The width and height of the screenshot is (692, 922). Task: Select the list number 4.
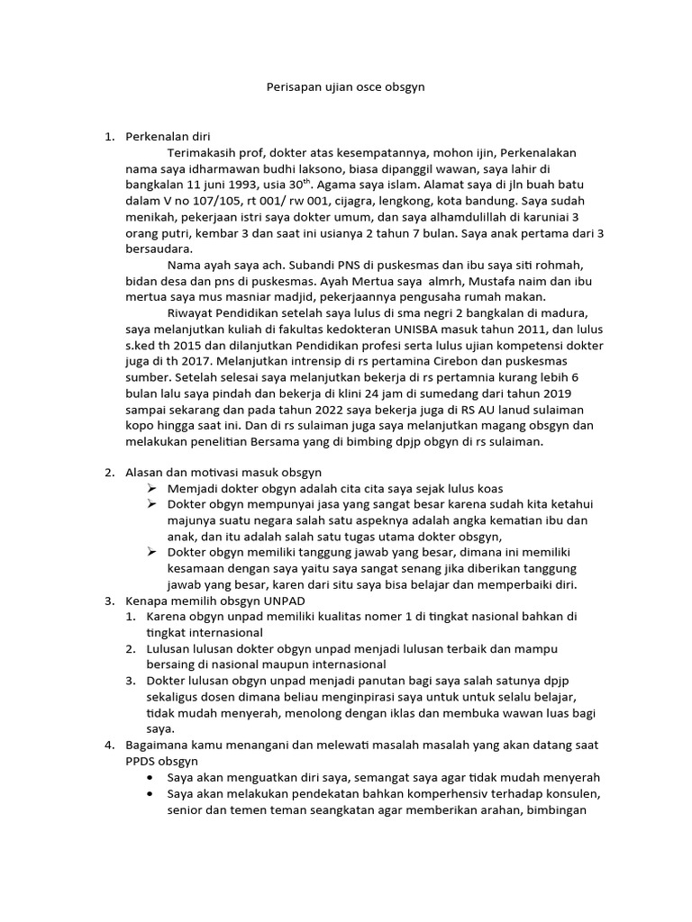tap(109, 746)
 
